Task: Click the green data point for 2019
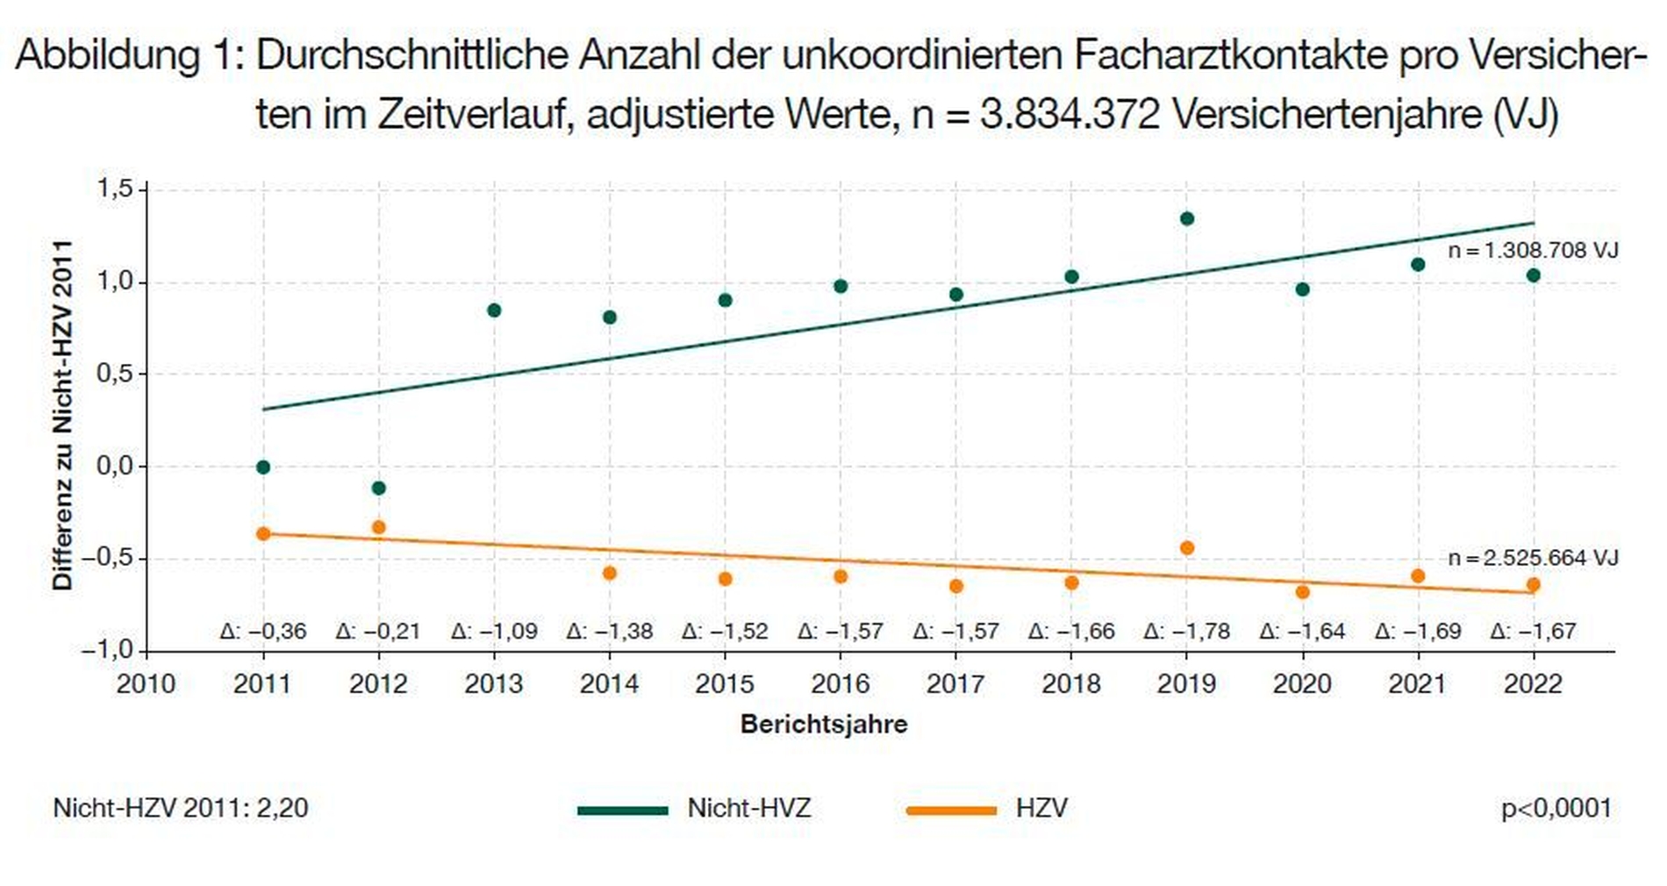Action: pyautogui.click(x=1186, y=218)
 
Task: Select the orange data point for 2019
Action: pyautogui.click(x=1186, y=547)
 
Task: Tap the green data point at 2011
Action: pyautogui.click(x=263, y=467)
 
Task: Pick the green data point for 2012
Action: pyautogui.click(x=378, y=488)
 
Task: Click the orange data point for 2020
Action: pyautogui.click(x=1302, y=592)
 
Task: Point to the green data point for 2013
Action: pyautogui.click(x=494, y=310)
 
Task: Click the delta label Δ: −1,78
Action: pyautogui.click(x=1186, y=631)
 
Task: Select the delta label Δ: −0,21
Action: pyautogui.click(x=378, y=631)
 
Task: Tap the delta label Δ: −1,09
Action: pyautogui.click(x=494, y=631)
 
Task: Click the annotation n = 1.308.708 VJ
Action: pyautogui.click(x=1532, y=250)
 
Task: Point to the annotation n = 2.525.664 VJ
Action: pyautogui.click(x=1532, y=557)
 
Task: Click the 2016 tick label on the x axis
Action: pyautogui.click(x=841, y=683)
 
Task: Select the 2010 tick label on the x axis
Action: pyautogui.click(x=147, y=683)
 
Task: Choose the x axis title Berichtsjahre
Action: pyautogui.click(x=824, y=724)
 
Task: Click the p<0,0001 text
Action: pyautogui.click(x=1556, y=808)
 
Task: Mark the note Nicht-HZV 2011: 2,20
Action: pyautogui.click(x=181, y=808)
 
